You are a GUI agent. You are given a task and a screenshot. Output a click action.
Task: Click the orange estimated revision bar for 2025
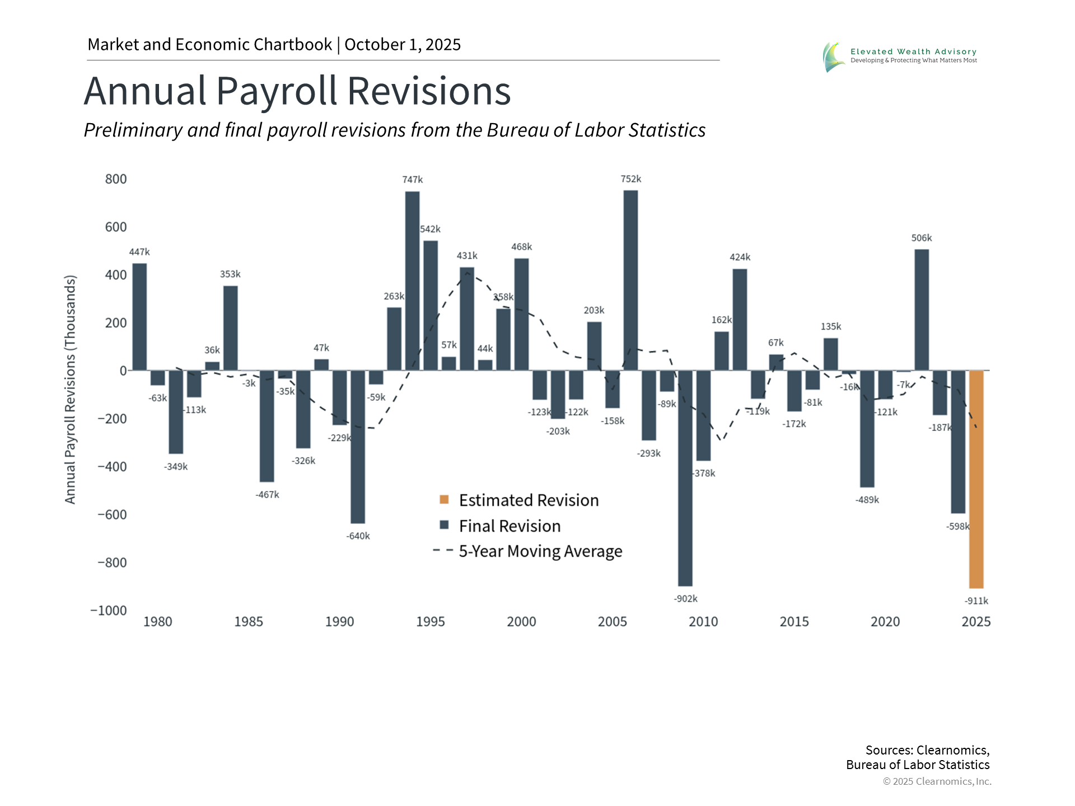(x=976, y=479)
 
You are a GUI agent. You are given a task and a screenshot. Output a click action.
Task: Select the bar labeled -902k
(x=685, y=478)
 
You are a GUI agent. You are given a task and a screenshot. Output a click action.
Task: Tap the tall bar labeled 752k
(x=630, y=280)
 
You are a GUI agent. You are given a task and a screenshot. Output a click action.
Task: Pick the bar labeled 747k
(x=412, y=281)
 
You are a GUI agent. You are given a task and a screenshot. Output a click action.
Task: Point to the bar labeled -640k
(x=358, y=447)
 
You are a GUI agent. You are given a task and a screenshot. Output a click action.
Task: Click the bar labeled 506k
(x=922, y=310)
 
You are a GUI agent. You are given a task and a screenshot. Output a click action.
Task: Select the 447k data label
(x=139, y=252)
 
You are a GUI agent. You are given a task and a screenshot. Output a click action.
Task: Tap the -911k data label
(x=976, y=601)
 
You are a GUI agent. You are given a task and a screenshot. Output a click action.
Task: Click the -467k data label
(x=267, y=495)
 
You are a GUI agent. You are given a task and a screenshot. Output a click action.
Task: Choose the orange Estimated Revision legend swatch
(x=444, y=499)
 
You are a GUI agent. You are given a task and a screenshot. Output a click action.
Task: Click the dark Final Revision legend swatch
(x=444, y=525)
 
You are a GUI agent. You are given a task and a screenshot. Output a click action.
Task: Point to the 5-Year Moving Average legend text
(x=540, y=551)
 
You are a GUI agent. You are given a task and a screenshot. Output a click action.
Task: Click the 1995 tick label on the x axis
(x=430, y=622)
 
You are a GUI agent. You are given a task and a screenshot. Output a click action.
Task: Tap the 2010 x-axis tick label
(x=703, y=622)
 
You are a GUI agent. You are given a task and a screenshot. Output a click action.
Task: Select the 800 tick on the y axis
(x=116, y=179)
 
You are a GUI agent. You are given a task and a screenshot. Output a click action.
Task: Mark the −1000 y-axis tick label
(x=109, y=611)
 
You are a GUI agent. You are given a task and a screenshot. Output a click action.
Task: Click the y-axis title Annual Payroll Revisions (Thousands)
(x=70, y=389)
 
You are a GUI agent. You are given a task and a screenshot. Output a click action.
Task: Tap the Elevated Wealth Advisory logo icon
(x=834, y=57)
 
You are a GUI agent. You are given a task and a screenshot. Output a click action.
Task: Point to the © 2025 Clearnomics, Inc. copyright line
(x=937, y=781)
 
